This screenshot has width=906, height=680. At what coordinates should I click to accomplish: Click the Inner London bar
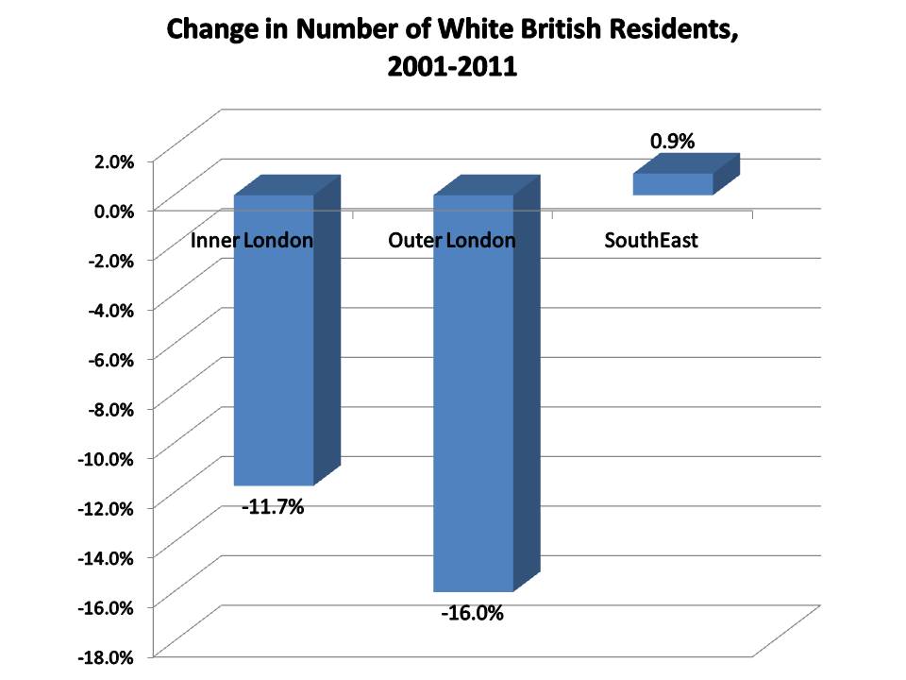coord(274,359)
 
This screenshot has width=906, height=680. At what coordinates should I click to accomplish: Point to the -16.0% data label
coord(473,614)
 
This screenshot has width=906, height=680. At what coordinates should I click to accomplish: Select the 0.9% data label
coord(672,142)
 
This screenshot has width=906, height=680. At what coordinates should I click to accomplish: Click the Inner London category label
coord(252,240)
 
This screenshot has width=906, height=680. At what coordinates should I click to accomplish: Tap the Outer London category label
coord(452,240)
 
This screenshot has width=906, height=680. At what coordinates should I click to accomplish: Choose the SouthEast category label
coord(651,240)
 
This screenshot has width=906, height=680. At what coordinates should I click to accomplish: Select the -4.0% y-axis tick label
coord(112,309)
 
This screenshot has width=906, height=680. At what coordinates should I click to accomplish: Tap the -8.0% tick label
coord(112,408)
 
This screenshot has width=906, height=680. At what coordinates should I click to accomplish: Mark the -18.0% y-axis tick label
coord(109,655)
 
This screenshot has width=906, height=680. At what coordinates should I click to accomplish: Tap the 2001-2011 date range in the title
coord(453,68)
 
